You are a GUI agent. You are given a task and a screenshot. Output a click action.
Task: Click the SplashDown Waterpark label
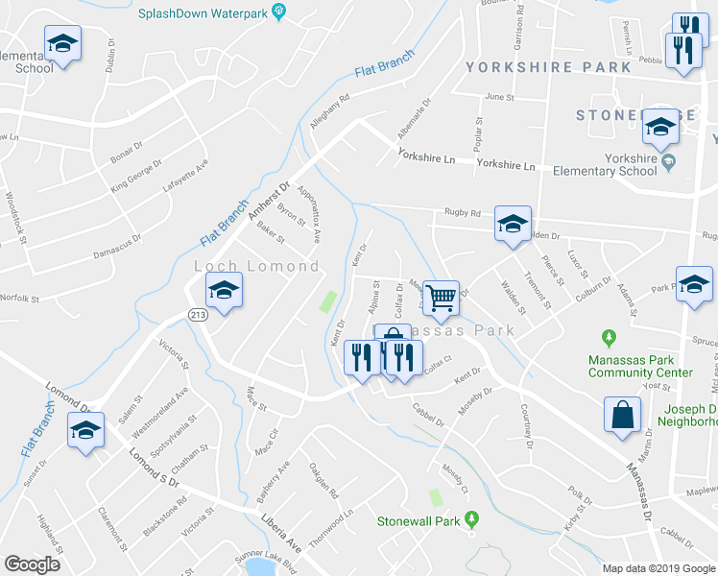(203, 13)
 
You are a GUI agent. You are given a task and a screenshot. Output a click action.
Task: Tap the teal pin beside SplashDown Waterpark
(279, 12)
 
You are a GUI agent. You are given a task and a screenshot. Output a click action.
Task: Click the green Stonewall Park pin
(471, 519)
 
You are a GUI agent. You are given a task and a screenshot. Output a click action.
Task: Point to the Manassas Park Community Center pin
(607, 338)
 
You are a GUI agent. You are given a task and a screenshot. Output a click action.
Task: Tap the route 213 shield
(193, 314)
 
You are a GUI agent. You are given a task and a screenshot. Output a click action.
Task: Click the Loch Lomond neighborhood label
(256, 265)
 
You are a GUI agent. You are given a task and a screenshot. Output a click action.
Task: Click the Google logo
(33, 564)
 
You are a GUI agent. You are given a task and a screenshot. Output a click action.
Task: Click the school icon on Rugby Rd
(513, 224)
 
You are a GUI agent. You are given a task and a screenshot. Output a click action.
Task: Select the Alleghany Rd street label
(330, 110)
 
